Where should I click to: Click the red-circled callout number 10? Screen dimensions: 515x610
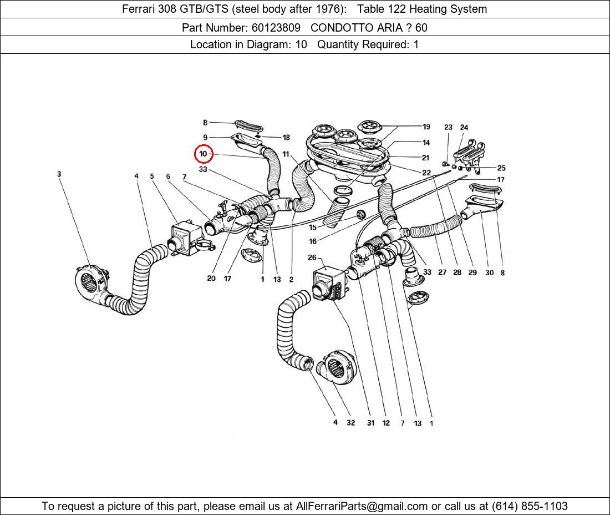203,154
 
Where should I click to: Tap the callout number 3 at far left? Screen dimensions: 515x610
59,174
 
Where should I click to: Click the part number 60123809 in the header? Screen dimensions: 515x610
276,27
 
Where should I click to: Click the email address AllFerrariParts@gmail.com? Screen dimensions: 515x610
362,506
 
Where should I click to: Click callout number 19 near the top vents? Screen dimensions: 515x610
426,127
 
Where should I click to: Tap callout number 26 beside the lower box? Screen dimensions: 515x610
312,257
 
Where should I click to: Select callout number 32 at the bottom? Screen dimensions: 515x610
350,423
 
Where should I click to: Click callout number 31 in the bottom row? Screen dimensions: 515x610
370,423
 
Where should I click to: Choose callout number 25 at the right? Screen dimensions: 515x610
501,168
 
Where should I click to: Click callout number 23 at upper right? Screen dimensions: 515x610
448,128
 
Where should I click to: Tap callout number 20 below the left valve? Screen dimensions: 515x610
211,279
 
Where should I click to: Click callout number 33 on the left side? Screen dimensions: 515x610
203,169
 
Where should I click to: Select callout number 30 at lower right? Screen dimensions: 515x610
489,273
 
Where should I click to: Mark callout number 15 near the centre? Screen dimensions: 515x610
313,228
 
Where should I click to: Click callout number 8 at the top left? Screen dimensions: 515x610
205,123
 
